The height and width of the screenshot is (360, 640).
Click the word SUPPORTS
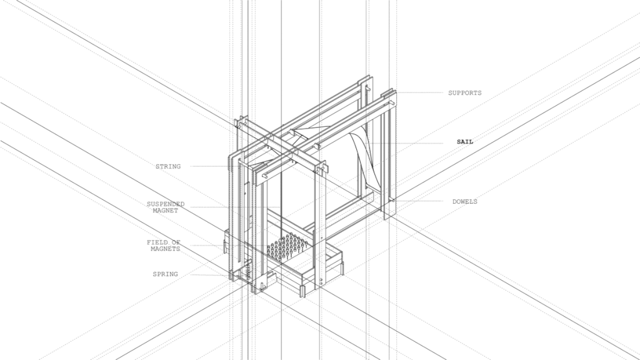(464, 93)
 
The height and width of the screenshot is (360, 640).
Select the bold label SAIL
(465, 142)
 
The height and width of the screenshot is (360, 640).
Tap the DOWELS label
(464, 202)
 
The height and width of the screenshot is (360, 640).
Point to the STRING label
(167, 166)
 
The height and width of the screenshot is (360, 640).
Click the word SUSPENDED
(166, 204)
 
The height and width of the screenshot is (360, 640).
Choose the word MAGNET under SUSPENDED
(165, 211)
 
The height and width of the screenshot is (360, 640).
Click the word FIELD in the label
(157, 242)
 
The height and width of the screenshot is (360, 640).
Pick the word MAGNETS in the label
(165, 249)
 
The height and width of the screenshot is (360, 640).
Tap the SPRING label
(165, 274)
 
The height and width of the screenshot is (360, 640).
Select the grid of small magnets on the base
(288, 247)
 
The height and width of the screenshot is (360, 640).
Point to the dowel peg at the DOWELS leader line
(392, 201)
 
